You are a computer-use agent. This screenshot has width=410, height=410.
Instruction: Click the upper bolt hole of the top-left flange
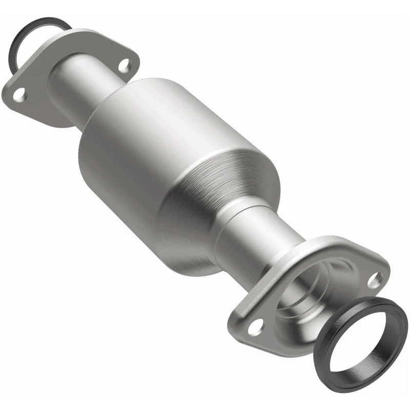(x=124, y=65)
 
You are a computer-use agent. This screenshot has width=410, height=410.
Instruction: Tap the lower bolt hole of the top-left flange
(x=19, y=94)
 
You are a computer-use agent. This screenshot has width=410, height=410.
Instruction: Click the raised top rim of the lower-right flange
(x=328, y=243)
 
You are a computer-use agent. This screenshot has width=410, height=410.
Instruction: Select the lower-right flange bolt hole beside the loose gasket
(x=375, y=279)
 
